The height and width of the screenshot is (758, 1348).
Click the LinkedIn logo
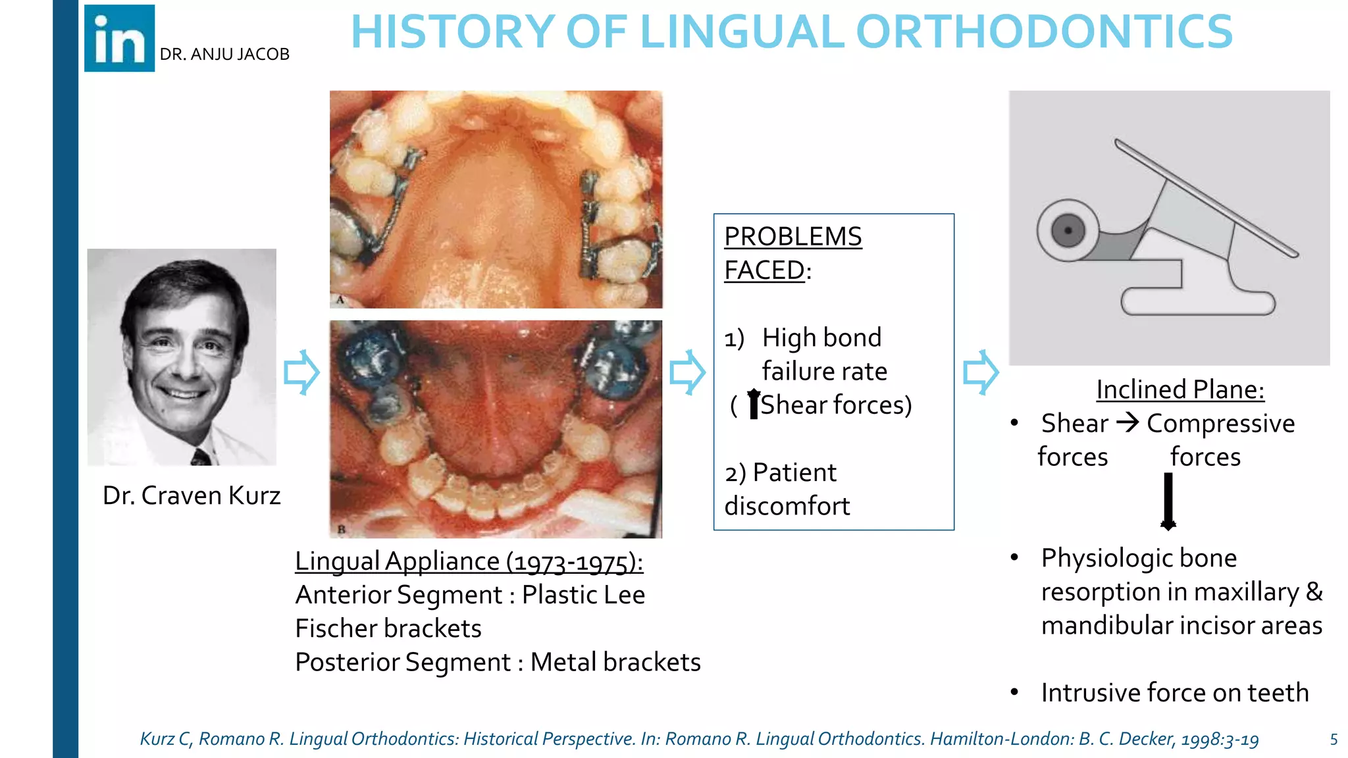coord(119,38)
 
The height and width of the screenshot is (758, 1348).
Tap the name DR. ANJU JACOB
coord(224,55)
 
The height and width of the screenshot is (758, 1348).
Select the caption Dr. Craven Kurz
coord(191,495)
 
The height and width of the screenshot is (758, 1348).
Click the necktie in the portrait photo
coord(201,456)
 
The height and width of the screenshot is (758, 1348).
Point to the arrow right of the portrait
coord(301,372)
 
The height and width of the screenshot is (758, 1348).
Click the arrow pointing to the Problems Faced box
coord(687,372)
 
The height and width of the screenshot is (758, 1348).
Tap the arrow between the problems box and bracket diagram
coord(981,372)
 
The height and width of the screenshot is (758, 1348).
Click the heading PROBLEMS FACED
coord(792,253)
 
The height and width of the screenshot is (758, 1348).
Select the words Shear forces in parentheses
coord(836,405)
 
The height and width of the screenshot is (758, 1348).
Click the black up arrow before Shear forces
coord(754,403)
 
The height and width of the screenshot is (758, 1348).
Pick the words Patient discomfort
coord(787,490)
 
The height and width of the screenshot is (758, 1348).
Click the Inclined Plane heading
coord(1180,390)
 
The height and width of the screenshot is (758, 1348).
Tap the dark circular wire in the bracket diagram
coord(1068,231)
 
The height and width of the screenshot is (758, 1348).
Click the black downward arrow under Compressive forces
coord(1168,501)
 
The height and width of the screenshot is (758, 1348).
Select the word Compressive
coord(1220,424)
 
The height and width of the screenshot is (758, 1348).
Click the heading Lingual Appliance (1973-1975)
coord(469,562)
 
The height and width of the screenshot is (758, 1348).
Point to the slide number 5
coord(1334,740)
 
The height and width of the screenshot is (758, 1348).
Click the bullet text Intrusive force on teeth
coord(1175,693)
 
